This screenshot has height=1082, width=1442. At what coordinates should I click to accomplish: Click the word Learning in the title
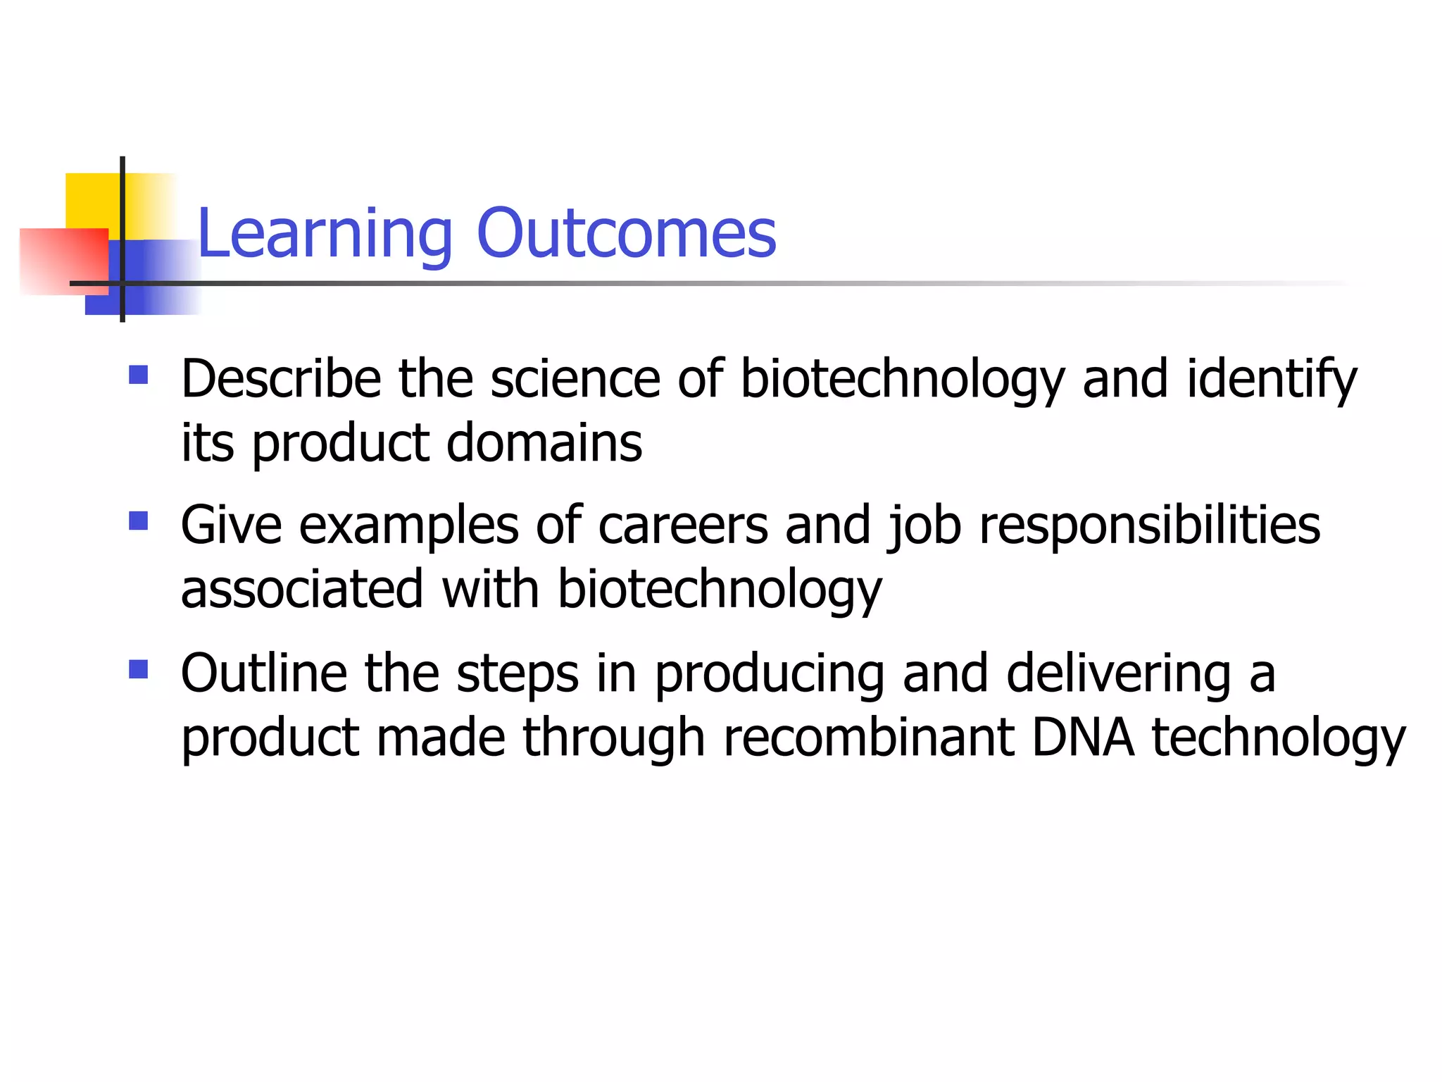[x=325, y=235]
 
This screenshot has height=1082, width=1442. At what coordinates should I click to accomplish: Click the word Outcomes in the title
[x=626, y=234]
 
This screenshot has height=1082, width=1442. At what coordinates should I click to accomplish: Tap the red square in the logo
[x=63, y=261]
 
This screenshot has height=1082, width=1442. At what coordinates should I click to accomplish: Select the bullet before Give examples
[x=139, y=521]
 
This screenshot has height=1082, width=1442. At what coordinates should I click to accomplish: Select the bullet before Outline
[x=139, y=669]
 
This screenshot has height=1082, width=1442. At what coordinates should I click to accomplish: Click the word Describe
[x=281, y=380]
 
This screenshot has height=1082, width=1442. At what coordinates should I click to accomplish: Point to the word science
[x=575, y=380]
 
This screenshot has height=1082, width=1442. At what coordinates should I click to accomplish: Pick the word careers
[x=683, y=526]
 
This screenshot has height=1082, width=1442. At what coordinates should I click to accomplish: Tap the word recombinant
[x=869, y=739]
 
